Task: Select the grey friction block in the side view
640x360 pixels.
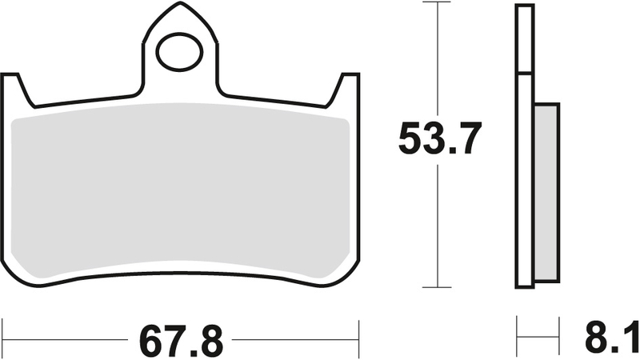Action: tap(546, 192)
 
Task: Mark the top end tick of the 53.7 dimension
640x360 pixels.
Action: tap(437, 3)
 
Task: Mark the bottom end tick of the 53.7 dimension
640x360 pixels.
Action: tap(437, 287)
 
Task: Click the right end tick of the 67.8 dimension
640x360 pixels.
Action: tap(360, 330)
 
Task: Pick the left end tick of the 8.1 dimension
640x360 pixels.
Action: tap(518, 330)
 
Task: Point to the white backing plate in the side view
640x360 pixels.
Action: tap(524, 144)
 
